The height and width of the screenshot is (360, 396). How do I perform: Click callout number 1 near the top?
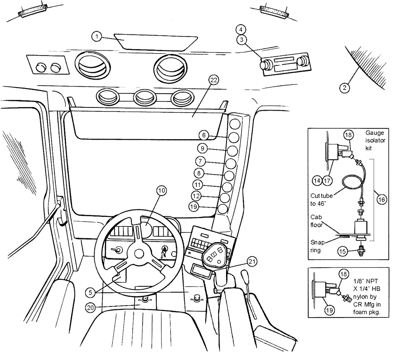point(96,37)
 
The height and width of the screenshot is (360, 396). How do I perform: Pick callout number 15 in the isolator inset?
point(343,251)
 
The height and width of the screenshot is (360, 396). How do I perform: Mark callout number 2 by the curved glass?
point(345,88)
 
